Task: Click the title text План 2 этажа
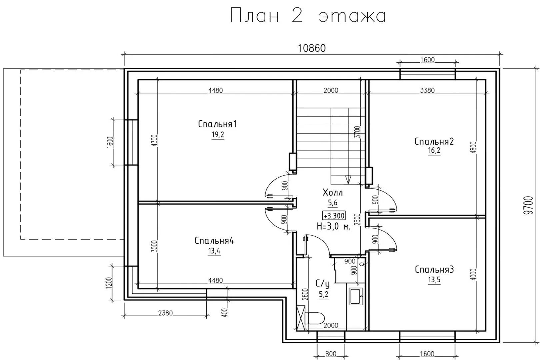pyautogui.click(x=308, y=16)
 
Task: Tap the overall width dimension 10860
pyautogui.click(x=312, y=48)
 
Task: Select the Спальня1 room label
pyautogui.click(x=217, y=124)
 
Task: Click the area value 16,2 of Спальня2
pyautogui.click(x=434, y=151)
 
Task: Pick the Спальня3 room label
pyautogui.click(x=434, y=269)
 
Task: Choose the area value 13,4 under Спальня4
pyautogui.click(x=214, y=251)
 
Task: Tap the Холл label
pyautogui.click(x=333, y=193)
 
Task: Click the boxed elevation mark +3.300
pyautogui.click(x=334, y=216)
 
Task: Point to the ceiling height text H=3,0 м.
pyautogui.click(x=333, y=227)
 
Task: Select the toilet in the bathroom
pyautogui.click(x=315, y=318)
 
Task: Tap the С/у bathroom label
pyautogui.click(x=323, y=284)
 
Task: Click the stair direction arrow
pyautogui.click(x=348, y=180)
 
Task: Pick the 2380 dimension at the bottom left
pyautogui.click(x=165, y=313)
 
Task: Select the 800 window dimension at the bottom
pyautogui.click(x=331, y=354)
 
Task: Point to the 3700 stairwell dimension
pyautogui.click(x=358, y=132)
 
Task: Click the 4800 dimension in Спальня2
pyautogui.click(x=473, y=148)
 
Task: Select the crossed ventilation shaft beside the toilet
pyautogui.click(x=301, y=318)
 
